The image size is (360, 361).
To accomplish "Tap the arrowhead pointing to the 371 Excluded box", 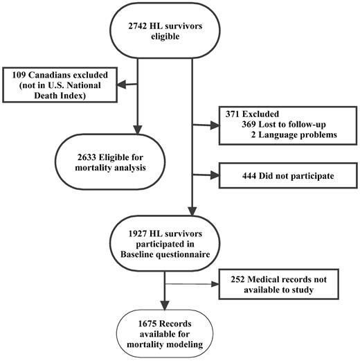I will click(214, 125).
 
